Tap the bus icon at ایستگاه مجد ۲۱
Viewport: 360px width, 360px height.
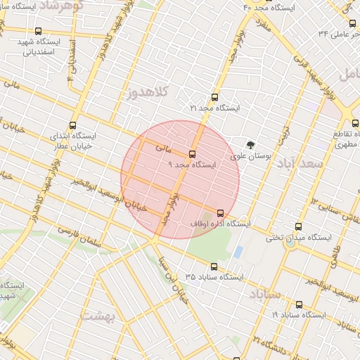214,98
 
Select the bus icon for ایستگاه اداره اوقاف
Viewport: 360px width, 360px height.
220,213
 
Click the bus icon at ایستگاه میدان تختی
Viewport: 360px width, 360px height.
298,227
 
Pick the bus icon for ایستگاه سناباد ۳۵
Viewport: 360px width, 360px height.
214,266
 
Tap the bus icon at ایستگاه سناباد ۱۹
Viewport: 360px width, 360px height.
299,304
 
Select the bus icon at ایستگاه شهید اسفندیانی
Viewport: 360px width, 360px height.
38,31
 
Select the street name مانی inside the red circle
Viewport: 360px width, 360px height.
162,149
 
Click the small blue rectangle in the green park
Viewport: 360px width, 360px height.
238,251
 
